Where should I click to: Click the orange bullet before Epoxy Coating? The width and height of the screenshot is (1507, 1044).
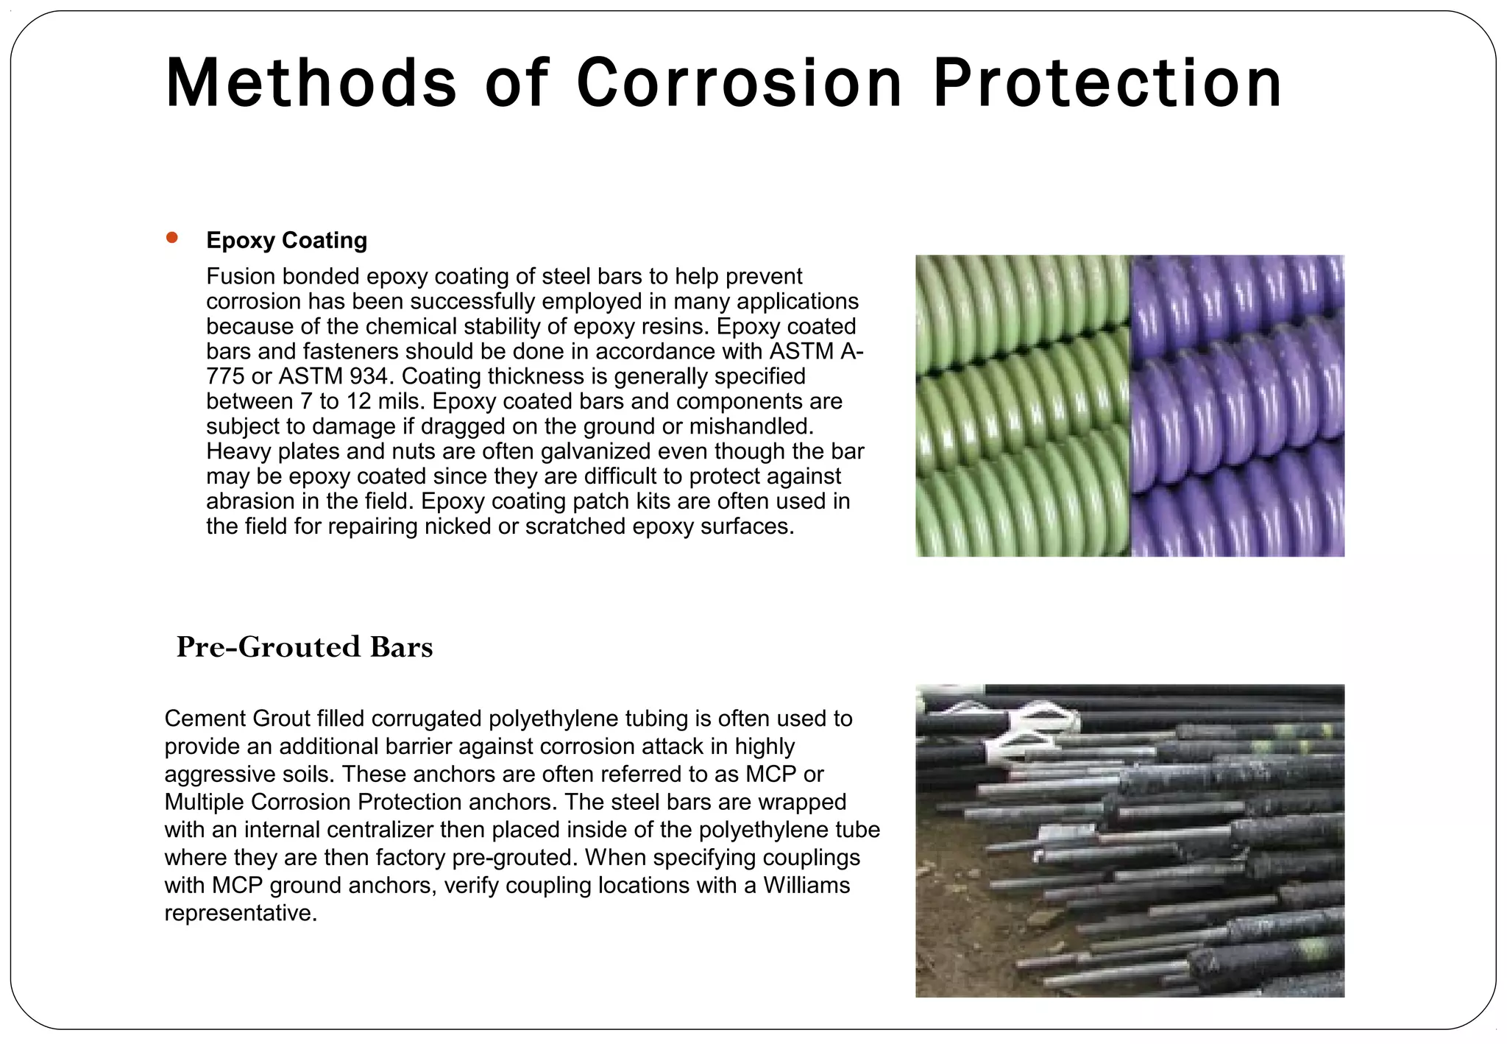[x=172, y=237]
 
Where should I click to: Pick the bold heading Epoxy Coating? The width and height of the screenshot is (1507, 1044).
[x=286, y=240]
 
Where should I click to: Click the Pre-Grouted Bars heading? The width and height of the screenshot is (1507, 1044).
[x=305, y=646]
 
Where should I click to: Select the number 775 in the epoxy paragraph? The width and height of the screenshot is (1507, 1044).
[x=225, y=376]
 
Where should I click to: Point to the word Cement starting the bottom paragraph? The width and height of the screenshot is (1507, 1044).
[x=205, y=719]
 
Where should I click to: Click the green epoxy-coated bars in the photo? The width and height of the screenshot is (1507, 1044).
[x=1023, y=405]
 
